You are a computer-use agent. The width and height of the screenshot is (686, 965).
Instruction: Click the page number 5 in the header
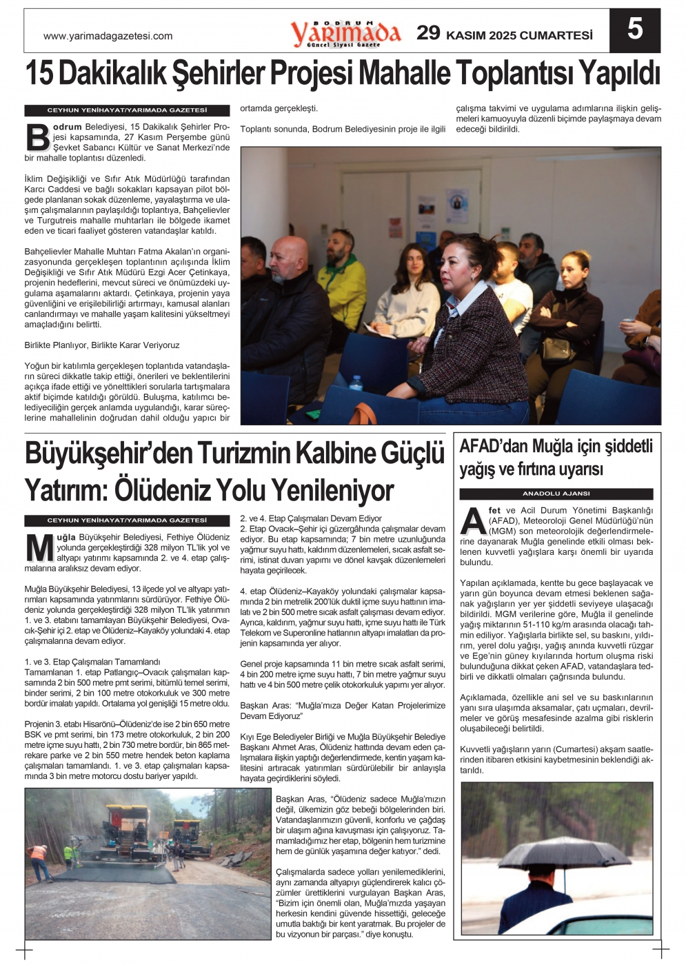pyautogui.click(x=634, y=30)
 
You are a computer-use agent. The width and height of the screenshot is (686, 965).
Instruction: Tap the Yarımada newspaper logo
pyautogui.click(x=345, y=33)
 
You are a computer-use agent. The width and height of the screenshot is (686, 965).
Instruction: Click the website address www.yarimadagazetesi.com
pyautogui.click(x=108, y=36)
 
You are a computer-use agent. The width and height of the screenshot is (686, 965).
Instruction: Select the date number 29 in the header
pyautogui.click(x=428, y=33)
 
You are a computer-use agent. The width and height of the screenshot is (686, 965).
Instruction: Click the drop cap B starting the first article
pyautogui.click(x=37, y=137)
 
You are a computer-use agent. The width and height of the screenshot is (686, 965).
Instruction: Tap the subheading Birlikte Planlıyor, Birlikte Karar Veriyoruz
pyautogui.click(x=102, y=345)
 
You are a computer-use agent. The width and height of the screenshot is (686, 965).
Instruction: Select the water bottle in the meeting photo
pyautogui.click(x=356, y=384)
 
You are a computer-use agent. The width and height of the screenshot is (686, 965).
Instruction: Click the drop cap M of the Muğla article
pyautogui.click(x=39, y=548)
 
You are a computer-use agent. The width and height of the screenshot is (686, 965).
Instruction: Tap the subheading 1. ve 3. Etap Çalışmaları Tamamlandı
pyautogui.click(x=92, y=662)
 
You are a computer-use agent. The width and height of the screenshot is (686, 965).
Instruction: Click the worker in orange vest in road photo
pyautogui.click(x=39, y=862)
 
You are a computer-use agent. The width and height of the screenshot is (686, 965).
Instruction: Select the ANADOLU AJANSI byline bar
pyautogui.click(x=556, y=494)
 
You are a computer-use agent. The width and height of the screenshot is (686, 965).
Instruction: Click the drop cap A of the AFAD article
pyautogui.click(x=473, y=520)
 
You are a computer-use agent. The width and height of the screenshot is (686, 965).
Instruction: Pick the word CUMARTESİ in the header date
pyautogui.click(x=556, y=35)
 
